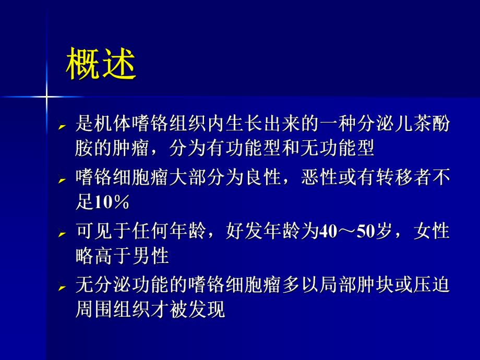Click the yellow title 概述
[x=101, y=65]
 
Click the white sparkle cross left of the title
[x=46, y=97]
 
